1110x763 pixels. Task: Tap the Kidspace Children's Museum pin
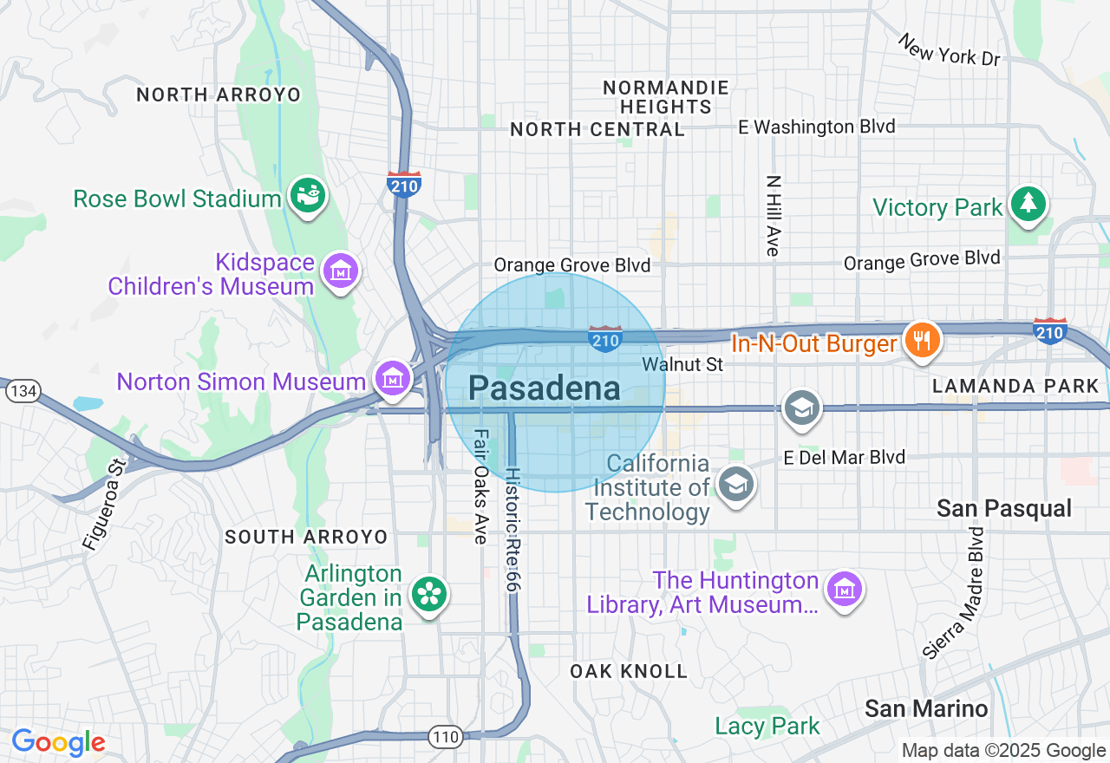341,271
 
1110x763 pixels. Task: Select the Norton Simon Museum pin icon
394,379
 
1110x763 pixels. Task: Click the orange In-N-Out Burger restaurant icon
918,340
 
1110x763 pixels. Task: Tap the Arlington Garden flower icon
428,596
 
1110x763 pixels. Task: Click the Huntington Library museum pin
843,590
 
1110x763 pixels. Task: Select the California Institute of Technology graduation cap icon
736,485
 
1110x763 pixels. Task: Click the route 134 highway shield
23,391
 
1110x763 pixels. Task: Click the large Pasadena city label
545,388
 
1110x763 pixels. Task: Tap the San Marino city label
926,708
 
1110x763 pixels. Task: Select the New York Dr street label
949,50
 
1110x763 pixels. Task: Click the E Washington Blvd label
816,127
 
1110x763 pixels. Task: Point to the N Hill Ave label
773,216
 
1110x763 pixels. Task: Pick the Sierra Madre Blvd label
954,593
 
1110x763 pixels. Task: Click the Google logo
58,742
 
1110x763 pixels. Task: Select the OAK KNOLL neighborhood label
629,671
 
